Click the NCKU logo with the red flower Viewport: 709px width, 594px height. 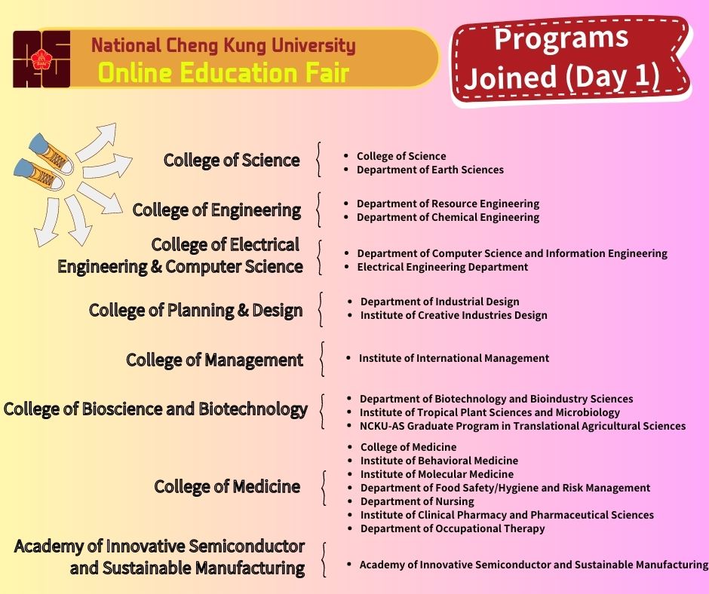coord(41,60)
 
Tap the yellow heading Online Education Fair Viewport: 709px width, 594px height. coord(224,73)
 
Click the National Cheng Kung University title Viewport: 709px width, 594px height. coord(223,45)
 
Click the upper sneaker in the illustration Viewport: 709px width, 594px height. coord(51,153)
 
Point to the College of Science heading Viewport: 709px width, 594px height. coord(232,160)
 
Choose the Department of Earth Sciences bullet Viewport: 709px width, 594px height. coord(430,170)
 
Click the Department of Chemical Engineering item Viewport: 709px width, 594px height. coord(447,217)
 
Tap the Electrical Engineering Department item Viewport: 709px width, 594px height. coord(442,267)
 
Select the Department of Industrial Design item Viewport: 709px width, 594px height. coord(440,302)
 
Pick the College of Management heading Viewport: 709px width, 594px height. coord(214,360)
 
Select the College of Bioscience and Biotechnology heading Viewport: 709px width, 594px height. coord(155,409)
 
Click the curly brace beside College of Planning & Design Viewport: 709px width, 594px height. coord(321,310)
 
